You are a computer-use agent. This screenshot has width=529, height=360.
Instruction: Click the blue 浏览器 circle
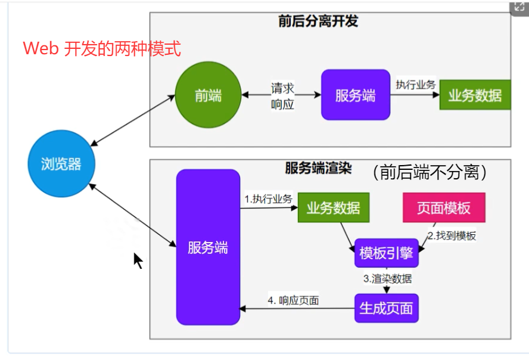click(62, 164)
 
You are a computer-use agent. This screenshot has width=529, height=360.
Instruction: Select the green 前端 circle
click(208, 95)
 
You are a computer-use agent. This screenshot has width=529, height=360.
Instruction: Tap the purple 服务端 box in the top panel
click(356, 95)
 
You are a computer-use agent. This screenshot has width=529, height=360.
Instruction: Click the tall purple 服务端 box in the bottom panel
click(208, 247)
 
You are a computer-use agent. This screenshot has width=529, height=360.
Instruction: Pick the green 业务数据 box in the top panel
click(475, 95)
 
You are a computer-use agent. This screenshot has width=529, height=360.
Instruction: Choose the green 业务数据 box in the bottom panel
click(333, 208)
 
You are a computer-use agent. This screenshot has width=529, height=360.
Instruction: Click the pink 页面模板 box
click(444, 207)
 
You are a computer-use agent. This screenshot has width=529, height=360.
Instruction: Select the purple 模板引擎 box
click(386, 253)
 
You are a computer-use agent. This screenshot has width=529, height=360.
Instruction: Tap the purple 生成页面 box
click(386, 308)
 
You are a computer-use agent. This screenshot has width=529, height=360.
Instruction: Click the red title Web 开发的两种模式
click(102, 48)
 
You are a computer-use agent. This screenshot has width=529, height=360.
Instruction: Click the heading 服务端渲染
click(318, 169)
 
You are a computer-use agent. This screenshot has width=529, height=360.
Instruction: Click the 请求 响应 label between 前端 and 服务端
click(282, 96)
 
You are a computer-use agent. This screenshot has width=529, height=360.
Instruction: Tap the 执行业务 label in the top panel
click(415, 85)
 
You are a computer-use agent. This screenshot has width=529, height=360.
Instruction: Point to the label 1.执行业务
click(268, 199)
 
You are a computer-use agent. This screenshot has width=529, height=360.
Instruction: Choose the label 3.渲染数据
click(387, 278)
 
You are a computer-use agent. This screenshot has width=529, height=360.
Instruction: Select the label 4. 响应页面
click(293, 300)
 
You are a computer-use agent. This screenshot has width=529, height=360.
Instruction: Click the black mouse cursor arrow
click(138, 260)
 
